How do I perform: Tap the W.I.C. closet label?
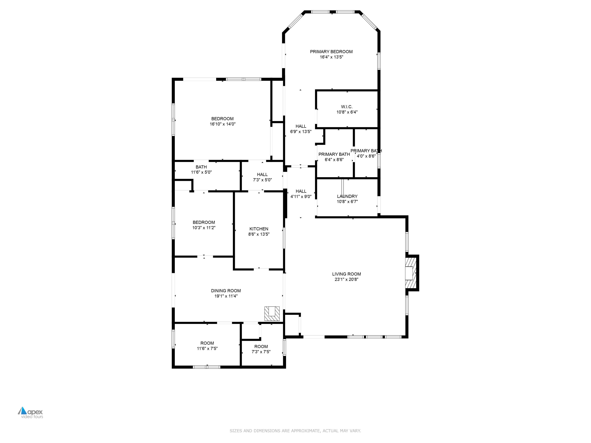(347, 107)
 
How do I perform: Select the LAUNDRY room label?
(347, 196)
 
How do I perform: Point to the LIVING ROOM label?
(346, 274)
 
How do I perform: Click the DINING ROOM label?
(226, 291)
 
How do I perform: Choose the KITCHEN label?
(259, 229)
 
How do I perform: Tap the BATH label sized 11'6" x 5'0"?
(201, 167)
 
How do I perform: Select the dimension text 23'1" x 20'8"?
(346, 279)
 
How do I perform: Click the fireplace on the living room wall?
(411, 273)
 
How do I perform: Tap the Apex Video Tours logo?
(31, 412)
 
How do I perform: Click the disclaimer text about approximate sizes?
(295, 431)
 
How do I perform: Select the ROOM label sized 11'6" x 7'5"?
(207, 343)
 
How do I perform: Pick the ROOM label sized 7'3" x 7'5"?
(261, 346)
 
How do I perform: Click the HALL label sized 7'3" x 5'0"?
(262, 174)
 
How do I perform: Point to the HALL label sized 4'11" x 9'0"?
(301, 191)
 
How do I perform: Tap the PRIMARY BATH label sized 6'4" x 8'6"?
(334, 154)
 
